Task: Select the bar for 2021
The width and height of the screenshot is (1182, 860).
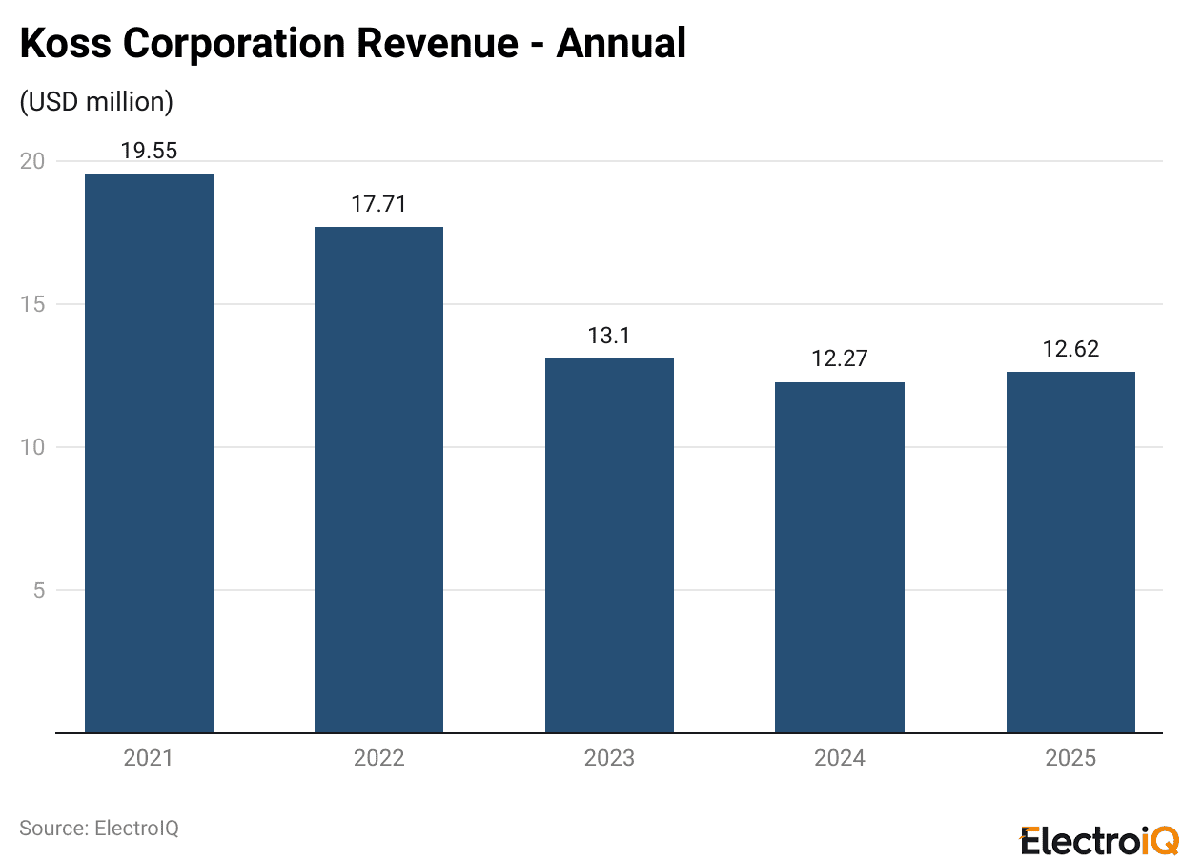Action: point(149,454)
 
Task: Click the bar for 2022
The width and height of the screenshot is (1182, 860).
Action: point(378,480)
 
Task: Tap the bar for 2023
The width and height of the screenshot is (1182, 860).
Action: point(609,545)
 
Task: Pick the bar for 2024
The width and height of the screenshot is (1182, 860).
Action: point(839,558)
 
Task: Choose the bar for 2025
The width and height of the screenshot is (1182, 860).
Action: point(1070,552)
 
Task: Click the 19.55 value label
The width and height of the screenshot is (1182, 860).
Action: point(149,151)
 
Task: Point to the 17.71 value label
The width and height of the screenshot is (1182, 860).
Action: point(378,204)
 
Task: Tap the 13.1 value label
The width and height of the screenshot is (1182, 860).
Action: point(609,336)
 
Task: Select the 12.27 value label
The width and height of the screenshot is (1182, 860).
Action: point(839,359)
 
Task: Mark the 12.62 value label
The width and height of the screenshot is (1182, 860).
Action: point(1070,349)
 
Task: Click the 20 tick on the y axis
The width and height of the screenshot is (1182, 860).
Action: point(32,161)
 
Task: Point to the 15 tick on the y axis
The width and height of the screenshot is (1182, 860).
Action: point(32,304)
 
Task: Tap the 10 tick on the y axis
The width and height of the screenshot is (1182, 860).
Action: point(32,447)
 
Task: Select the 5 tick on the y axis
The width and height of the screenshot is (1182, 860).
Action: point(38,590)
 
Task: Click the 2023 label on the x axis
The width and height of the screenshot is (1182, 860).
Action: point(609,759)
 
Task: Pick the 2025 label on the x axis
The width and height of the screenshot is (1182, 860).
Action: point(1070,759)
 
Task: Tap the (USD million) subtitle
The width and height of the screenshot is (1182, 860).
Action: point(96,102)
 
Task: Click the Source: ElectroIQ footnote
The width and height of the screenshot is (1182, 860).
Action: point(99,828)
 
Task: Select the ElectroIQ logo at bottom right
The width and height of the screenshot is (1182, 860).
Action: point(1099,841)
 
